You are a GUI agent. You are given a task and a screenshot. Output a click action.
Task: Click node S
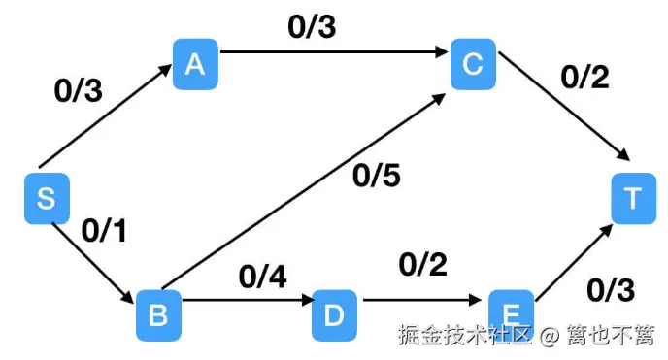click(x=45, y=199)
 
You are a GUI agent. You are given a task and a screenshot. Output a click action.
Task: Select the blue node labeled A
click(x=195, y=64)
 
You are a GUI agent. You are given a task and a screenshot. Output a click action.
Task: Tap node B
click(x=157, y=313)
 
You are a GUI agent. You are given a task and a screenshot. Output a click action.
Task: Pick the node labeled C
click(x=473, y=64)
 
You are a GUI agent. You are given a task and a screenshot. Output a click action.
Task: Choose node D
click(x=334, y=314)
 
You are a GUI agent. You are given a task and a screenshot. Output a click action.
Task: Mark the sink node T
click(x=633, y=199)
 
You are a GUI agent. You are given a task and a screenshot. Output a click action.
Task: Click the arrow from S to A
click(x=107, y=124)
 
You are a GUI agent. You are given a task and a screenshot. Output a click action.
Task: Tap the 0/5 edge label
click(x=377, y=177)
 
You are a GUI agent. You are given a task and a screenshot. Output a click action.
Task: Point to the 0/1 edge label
click(x=106, y=230)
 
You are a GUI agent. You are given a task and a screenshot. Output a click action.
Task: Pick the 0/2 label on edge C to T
click(x=584, y=78)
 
